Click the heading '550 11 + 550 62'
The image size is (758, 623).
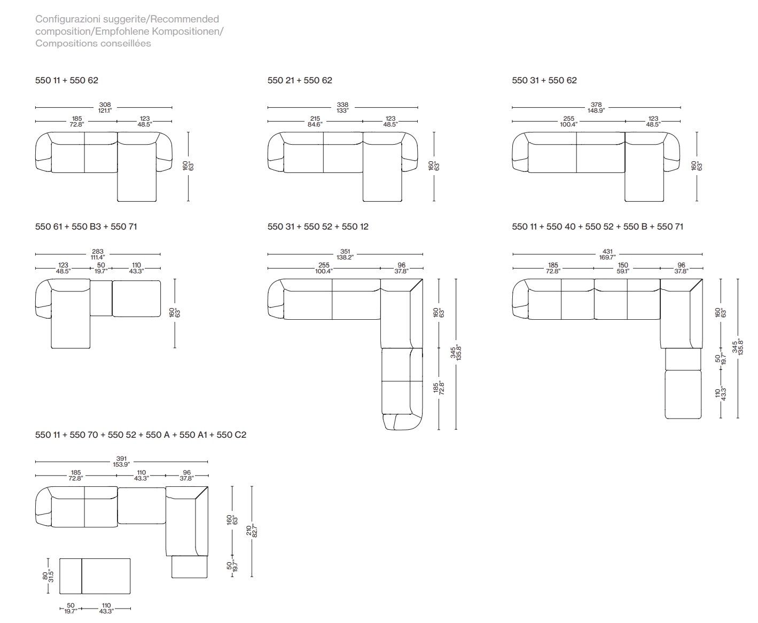click(x=67, y=81)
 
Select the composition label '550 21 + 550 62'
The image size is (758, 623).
click(x=300, y=81)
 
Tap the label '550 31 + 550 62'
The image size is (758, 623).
click(x=544, y=81)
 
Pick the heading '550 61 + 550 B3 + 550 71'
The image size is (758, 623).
click(x=86, y=227)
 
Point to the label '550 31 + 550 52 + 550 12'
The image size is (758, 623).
click(x=318, y=227)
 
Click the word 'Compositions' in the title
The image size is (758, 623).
click(x=63, y=44)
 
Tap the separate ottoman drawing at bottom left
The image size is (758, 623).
click(x=95, y=576)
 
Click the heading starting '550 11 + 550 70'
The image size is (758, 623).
click(x=140, y=435)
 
